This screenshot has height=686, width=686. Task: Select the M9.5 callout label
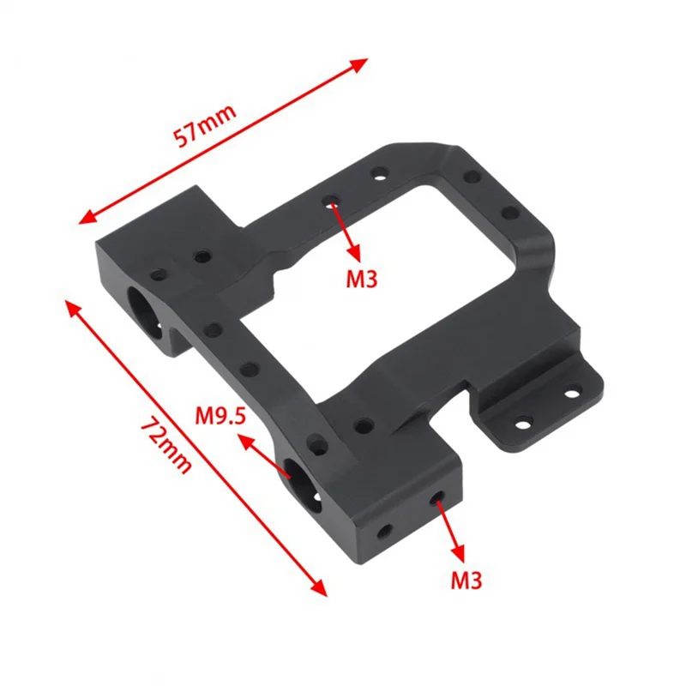point(220,416)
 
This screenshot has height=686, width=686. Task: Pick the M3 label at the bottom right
point(466,581)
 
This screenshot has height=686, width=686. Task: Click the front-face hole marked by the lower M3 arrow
point(439,497)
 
